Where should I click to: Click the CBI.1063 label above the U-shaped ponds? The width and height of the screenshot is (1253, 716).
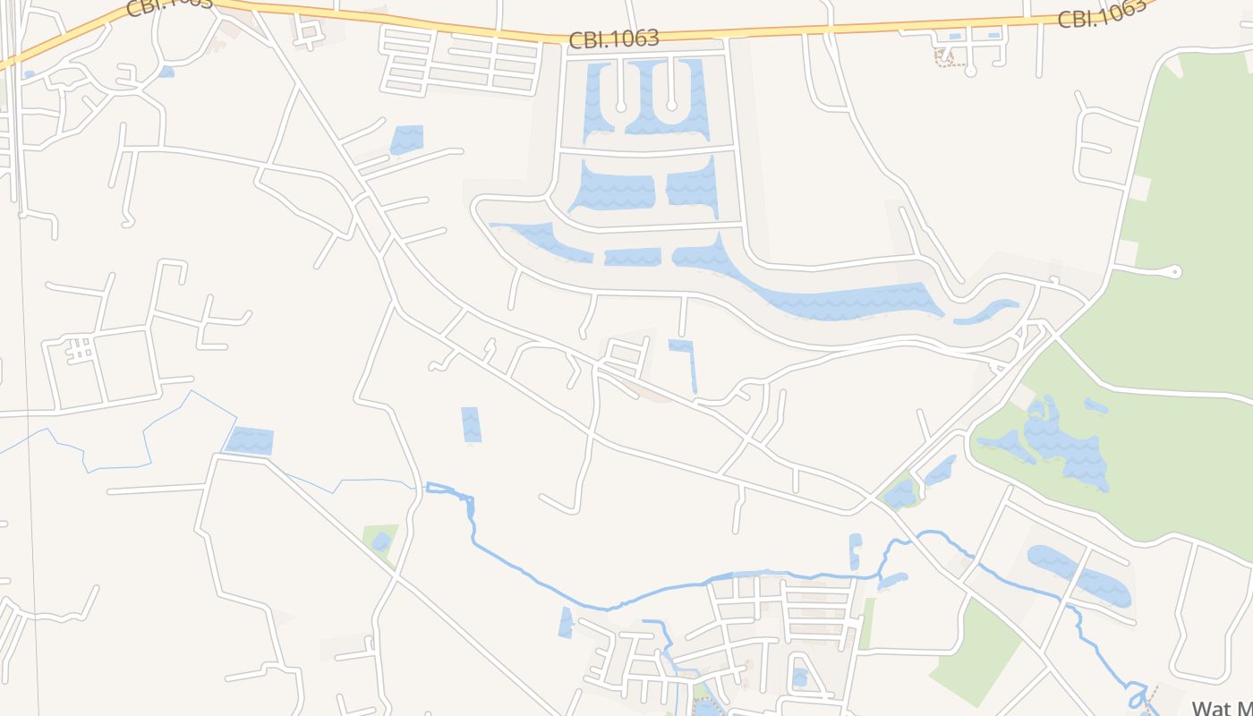click(614, 38)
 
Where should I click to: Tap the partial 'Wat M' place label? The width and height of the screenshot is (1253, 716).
click(1223, 708)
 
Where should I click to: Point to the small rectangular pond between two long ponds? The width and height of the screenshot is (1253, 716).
click(632, 257)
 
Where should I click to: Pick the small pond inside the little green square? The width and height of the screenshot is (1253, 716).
click(381, 541)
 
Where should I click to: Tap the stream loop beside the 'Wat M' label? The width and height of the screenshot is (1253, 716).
click(1138, 695)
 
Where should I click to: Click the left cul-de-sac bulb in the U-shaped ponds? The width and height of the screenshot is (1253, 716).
click(621, 107)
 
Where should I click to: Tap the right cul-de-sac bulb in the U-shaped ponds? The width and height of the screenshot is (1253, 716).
click(671, 107)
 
